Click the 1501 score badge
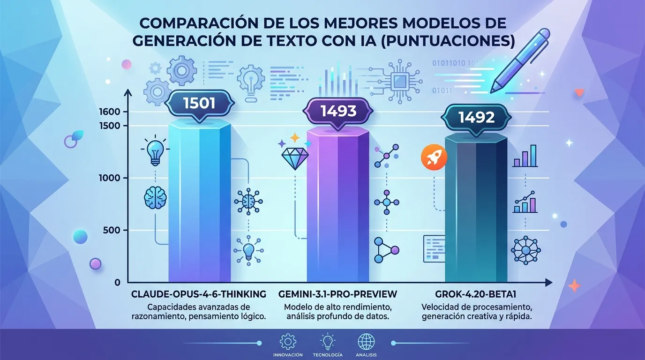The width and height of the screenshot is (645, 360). pos(199,103)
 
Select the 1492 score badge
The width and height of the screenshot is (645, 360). pos(476,117)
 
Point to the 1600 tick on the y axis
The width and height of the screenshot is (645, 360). pos(110,112)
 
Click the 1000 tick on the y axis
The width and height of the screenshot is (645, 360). pos(110,178)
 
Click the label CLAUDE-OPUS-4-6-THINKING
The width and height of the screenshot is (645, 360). pos(199,294)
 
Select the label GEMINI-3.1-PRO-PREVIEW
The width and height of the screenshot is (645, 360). pos(337,294)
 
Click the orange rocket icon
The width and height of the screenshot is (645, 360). pos(432,156)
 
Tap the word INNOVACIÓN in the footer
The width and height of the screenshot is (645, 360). pos(288,355)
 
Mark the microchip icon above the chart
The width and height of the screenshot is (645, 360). pos(398,82)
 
